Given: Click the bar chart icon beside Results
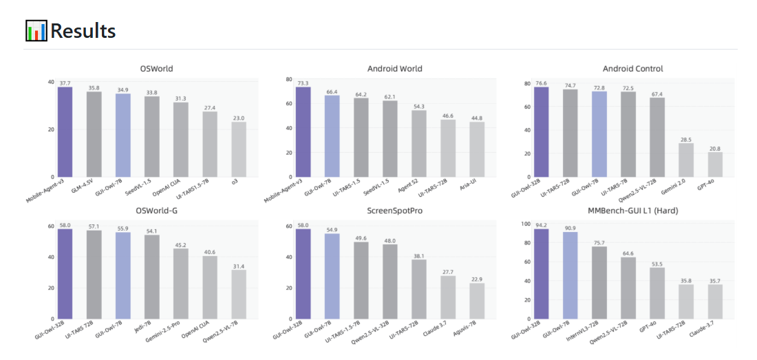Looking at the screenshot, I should [x=36, y=31].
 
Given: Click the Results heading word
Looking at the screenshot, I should [x=83, y=31].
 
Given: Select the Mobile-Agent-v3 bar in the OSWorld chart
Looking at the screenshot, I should [x=65, y=131].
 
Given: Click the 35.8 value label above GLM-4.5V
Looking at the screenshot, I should [x=94, y=88].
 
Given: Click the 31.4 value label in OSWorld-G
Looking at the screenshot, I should [x=238, y=266].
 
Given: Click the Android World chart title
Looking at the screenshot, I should [x=394, y=69].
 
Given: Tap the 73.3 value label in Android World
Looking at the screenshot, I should [x=303, y=83].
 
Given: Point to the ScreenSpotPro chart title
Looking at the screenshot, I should [x=394, y=210].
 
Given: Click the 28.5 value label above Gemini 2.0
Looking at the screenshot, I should [x=686, y=139].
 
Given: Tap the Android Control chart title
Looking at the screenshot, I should [x=632, y=69].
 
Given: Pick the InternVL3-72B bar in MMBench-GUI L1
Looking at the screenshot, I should [x=599, y=282].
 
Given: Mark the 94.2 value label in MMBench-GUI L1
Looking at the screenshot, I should [x=542, y=224].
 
